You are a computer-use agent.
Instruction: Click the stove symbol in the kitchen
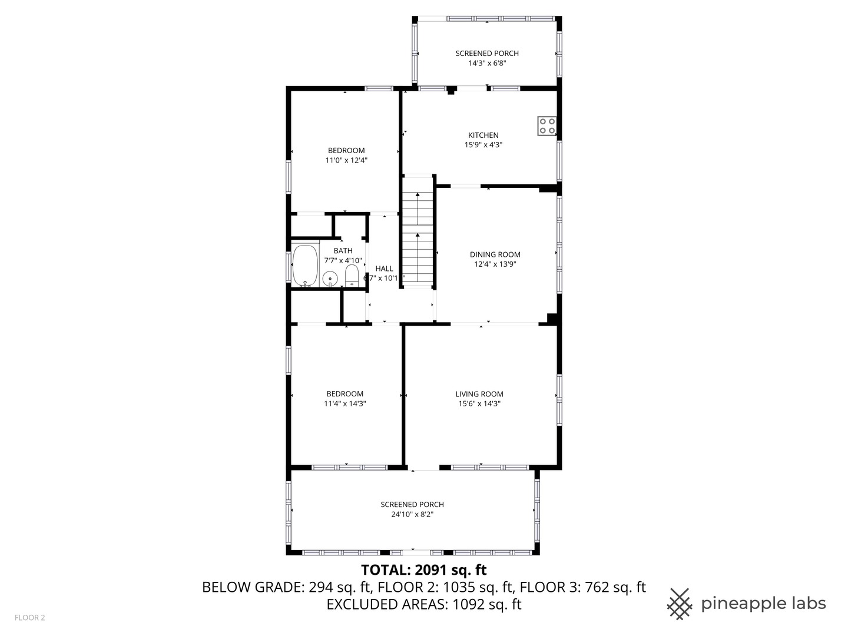pos(546,126)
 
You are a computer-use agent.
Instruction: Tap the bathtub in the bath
pos(305,266)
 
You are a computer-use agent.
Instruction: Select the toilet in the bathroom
pos(352,275)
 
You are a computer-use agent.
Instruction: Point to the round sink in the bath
pos(330,277)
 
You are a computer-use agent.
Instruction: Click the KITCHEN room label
pos(483,135)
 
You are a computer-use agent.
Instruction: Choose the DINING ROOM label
pos(495,254)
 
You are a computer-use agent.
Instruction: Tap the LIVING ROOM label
pos(479,394)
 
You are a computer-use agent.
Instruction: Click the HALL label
pos(384,269)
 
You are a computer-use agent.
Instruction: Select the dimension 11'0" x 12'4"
pos(346,160)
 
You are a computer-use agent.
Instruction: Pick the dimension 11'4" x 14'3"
pos(344,403)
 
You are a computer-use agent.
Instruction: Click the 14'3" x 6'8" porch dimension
pos(486,63)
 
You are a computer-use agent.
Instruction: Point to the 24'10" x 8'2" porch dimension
pos(412,514)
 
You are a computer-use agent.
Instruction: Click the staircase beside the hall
pos(418,233)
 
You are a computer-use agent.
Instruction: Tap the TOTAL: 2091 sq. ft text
pos(423,569)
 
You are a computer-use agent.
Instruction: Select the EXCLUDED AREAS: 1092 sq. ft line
pos(423,604)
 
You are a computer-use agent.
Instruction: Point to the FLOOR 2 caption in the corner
pos(29,618)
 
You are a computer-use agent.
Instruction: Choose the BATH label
pos(343,251)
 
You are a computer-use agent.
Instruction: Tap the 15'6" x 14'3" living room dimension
pos(479,403)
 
